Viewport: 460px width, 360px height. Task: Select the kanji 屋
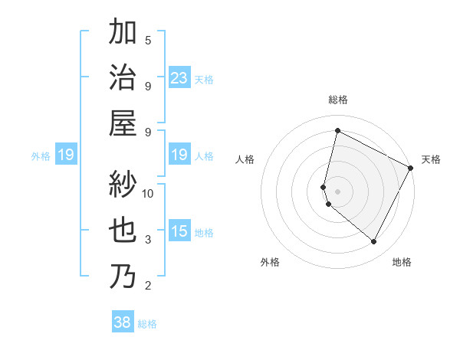[123, 123]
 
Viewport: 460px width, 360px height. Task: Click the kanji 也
[123, 231]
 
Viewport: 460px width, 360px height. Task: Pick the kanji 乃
[123, 277]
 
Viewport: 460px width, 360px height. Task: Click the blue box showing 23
[179, 77]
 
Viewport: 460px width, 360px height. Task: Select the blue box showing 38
[123, 322]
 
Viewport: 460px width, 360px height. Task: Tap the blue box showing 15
[179, 231]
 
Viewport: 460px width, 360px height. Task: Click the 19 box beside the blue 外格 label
[66, 155]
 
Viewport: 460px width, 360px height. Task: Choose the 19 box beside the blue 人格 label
[179, 155]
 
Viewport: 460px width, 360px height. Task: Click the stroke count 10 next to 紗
[148, 193]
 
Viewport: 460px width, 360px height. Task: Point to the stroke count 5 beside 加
[148, 40]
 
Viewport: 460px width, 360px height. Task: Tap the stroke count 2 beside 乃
[148, 286]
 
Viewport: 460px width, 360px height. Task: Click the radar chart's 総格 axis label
[337, 100]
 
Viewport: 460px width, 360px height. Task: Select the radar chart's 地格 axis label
[402, 262]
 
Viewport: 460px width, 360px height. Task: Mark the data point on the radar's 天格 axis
[412, 169]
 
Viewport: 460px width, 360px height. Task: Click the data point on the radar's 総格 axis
[337, 130]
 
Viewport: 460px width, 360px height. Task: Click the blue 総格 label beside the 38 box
[147, 324]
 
